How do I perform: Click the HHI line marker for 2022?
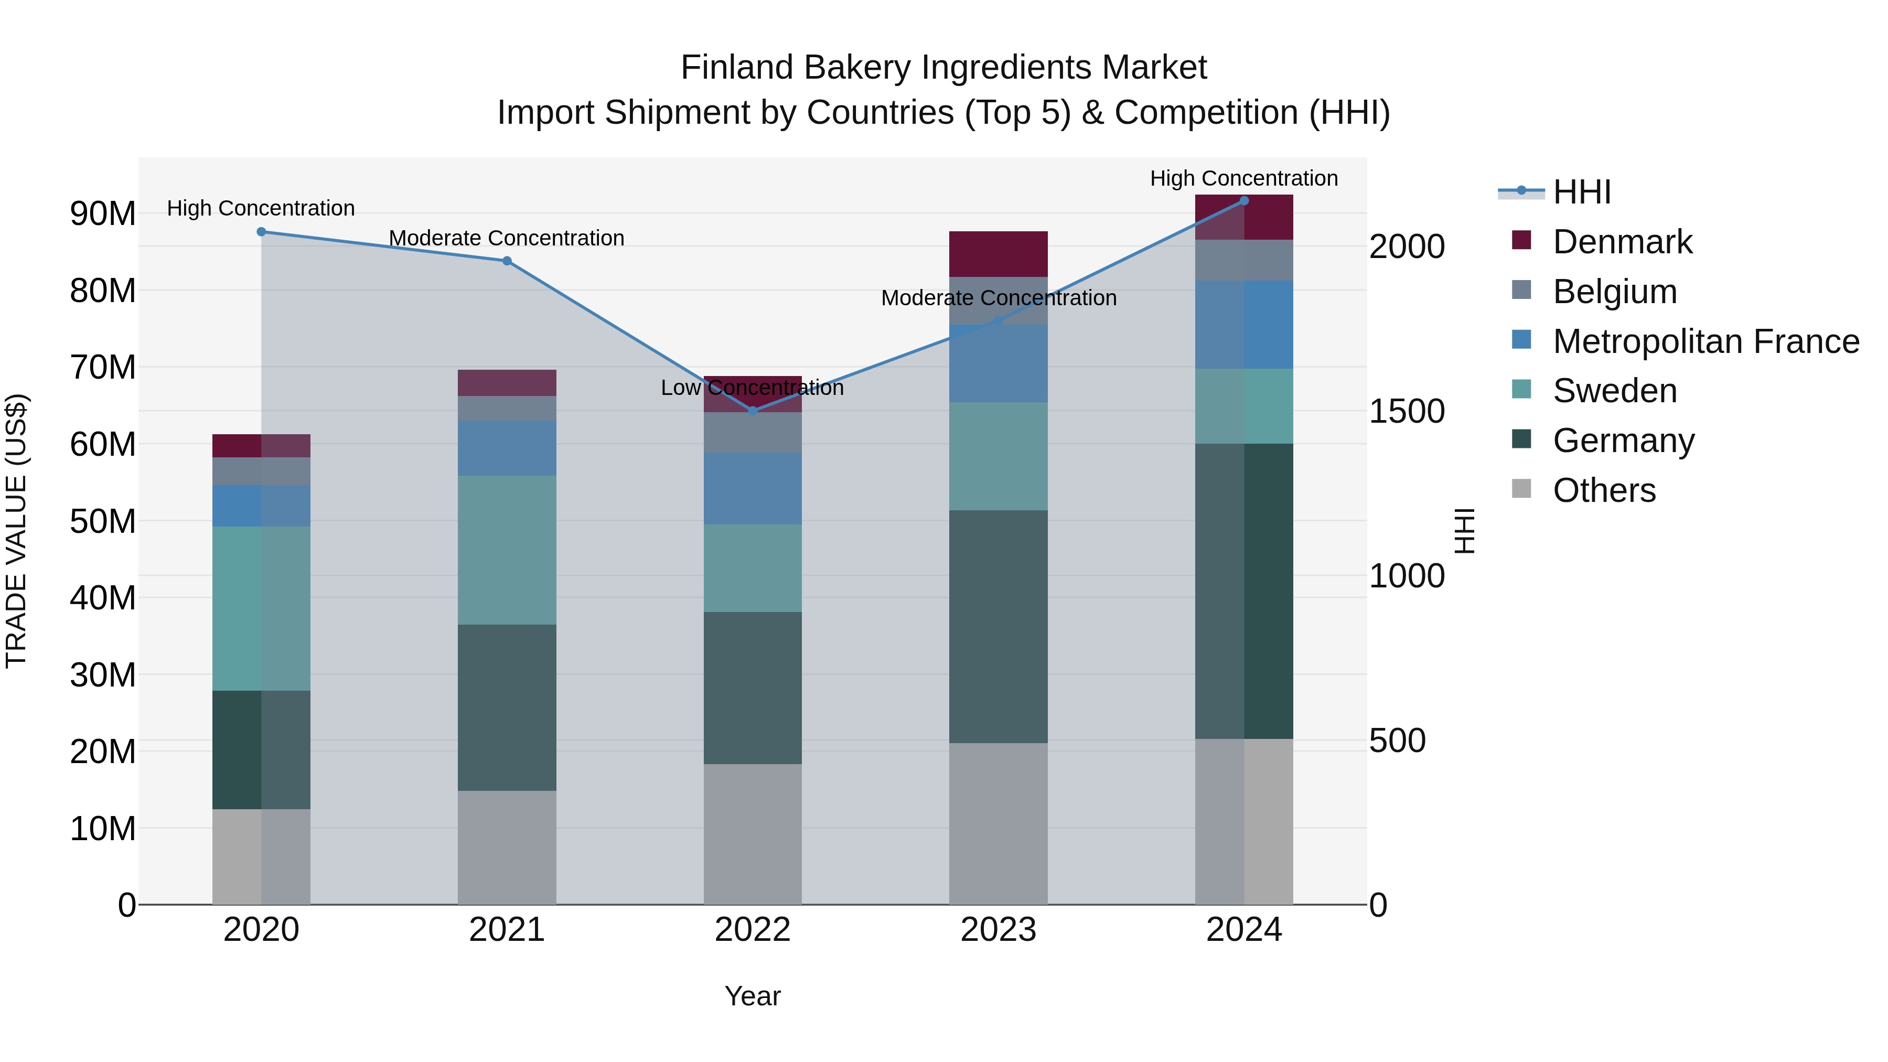(x=752, y=411)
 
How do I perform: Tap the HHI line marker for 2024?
(x=1244, y=200)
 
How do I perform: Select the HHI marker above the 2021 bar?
(x=507, y=261)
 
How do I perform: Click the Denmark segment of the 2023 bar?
(x=997, y=254)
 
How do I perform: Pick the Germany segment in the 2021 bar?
(x=507, y=707)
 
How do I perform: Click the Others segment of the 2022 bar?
(x=752, y=834)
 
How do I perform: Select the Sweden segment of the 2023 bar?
(x=997, y=456)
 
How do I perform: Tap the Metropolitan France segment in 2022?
(x=752, y=488)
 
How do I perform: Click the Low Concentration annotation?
(x=752, y=388)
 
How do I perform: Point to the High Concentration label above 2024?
(x=1244, y=178)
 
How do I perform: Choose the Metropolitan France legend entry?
(x=1705, y=341)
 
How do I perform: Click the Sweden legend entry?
(x=1615, y=391)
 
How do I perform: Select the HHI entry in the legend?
(x=1582, y=192)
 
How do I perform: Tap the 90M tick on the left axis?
(x=103, y=214)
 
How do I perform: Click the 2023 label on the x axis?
(x=997, y=930)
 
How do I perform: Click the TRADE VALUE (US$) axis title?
(x=16, y=531)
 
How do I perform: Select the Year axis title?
(x=752, y=996)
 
